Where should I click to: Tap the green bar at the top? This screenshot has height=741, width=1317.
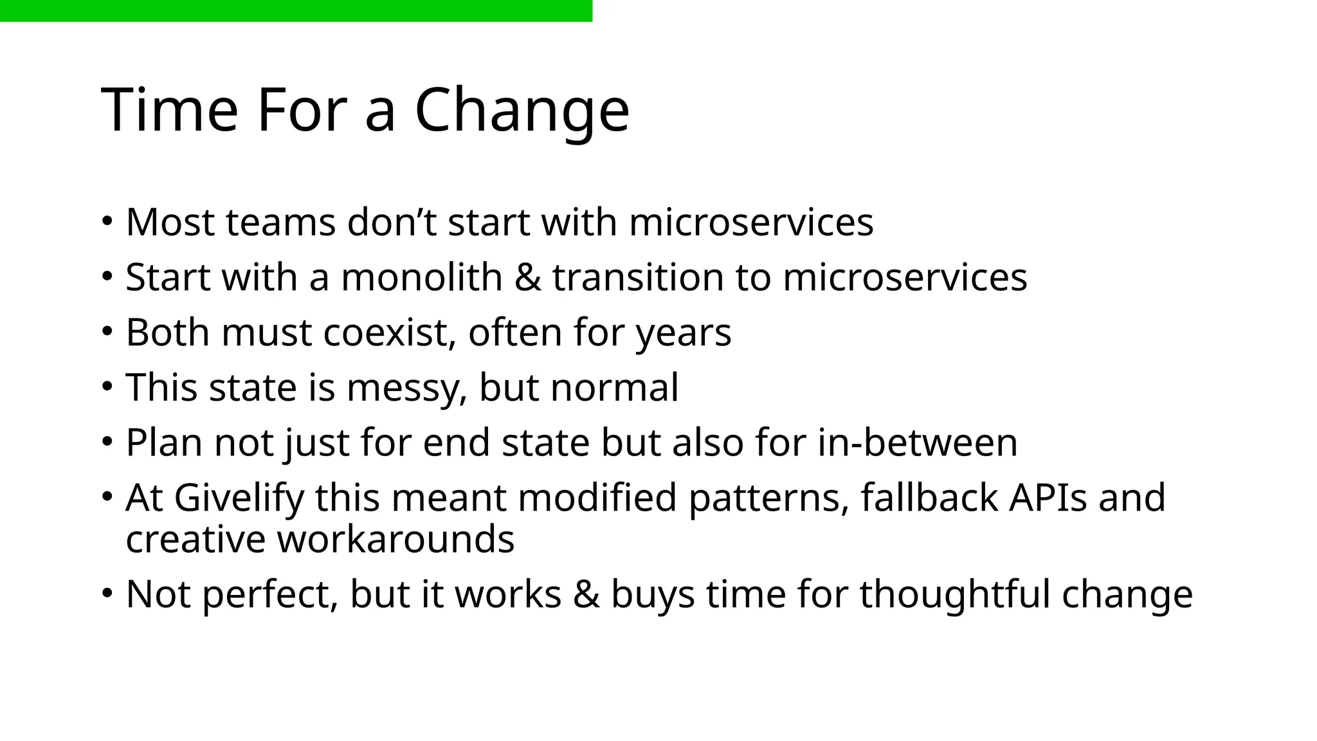(x=296, y=10)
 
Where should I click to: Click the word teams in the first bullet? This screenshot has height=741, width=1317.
(x=280, y=223)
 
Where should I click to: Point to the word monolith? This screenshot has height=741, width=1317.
(x=421, y=278)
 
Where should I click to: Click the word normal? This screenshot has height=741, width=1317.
(x=614, y=388)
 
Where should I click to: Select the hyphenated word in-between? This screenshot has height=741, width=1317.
(x=918, y=443)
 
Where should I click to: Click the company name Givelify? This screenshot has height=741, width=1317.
(x=239, y=499)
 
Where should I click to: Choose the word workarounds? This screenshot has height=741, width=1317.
(x=395, y=539)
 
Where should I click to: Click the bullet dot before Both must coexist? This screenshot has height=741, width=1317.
(x=107, y=332)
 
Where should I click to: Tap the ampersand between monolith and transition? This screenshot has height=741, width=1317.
(x=527, y=278)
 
